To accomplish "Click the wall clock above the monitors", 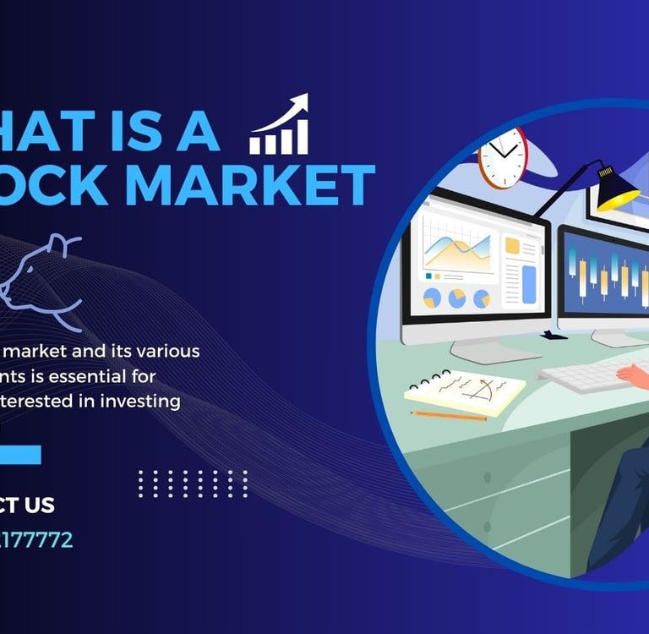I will pos(503,157).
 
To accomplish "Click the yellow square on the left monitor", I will pos(512,245).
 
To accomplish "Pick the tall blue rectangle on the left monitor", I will pos(530,284).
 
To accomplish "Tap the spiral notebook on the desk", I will pos(465,391).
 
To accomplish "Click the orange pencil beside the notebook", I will pos(449,416).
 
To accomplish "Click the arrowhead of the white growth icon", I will pos(298,105).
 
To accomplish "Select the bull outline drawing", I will pos(38,279).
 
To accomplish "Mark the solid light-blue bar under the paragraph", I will pos(20,455).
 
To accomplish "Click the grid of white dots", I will pos(193,484).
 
